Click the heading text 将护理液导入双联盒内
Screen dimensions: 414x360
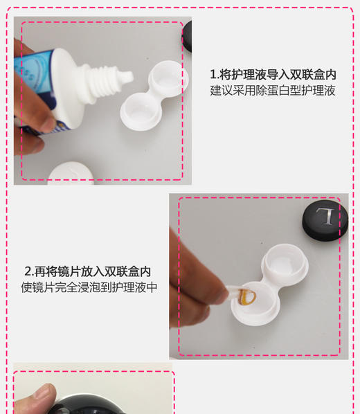pos(277,74)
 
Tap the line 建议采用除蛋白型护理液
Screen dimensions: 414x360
pos(272,91)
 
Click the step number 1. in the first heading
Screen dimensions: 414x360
pos(214,74)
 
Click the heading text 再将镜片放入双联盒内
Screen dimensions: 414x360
pos(92,271)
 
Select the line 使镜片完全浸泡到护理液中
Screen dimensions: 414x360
pos(89,287)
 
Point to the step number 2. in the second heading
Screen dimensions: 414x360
pos(29,271)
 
